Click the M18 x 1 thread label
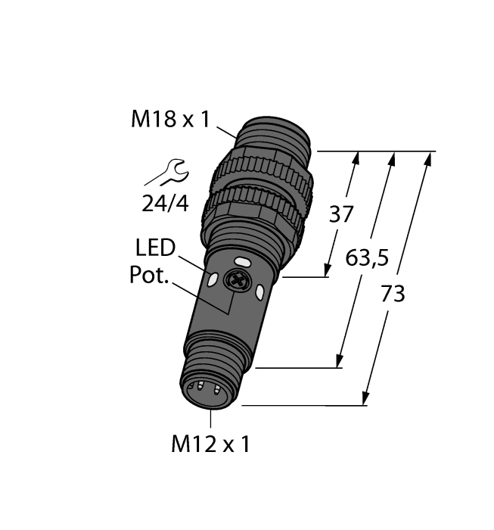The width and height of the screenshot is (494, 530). coord(169,120)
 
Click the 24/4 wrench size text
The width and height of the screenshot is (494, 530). coord(166,203)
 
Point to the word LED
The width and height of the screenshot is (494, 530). coord(155,248)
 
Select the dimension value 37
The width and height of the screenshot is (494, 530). coord(340,214)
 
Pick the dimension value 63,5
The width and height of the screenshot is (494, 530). coord(366,259)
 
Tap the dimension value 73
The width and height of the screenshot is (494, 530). coord(392,294)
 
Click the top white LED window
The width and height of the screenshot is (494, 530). coord(243,263)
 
